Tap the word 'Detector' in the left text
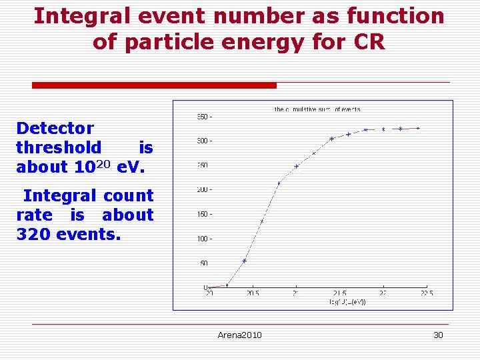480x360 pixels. click(55, 128)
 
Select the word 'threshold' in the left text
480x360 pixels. click(59, 147)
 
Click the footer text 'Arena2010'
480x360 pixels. click(239, 335)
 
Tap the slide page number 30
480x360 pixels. click(438, 335)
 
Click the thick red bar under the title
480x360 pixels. click(154, 85)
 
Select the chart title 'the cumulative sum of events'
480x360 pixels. click(317, 109)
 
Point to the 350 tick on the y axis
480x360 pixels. click(203, 117)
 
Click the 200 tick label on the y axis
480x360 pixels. click(203, 190)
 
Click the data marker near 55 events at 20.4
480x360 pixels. click(245, 261)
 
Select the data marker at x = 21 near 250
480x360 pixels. click(297, 166)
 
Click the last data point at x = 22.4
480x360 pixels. click(418, 128)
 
